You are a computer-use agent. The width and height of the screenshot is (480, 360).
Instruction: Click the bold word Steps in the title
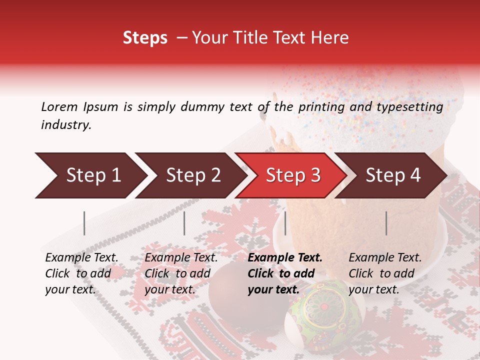point(145,38)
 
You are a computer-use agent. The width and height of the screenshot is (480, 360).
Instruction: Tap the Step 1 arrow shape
point(90,175)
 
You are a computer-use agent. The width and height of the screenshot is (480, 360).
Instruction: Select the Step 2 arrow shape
point(190,175)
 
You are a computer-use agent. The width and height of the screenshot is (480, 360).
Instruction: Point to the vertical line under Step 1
point(84,223)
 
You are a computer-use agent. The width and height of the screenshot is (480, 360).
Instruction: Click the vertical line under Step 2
point(184,223)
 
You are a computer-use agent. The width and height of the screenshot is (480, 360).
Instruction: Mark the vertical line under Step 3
point(285,223)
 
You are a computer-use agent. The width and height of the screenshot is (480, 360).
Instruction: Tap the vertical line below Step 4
point(386,223)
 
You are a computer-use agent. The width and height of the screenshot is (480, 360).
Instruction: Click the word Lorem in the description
point(59,106)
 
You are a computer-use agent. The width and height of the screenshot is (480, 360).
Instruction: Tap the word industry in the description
point(65,125)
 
